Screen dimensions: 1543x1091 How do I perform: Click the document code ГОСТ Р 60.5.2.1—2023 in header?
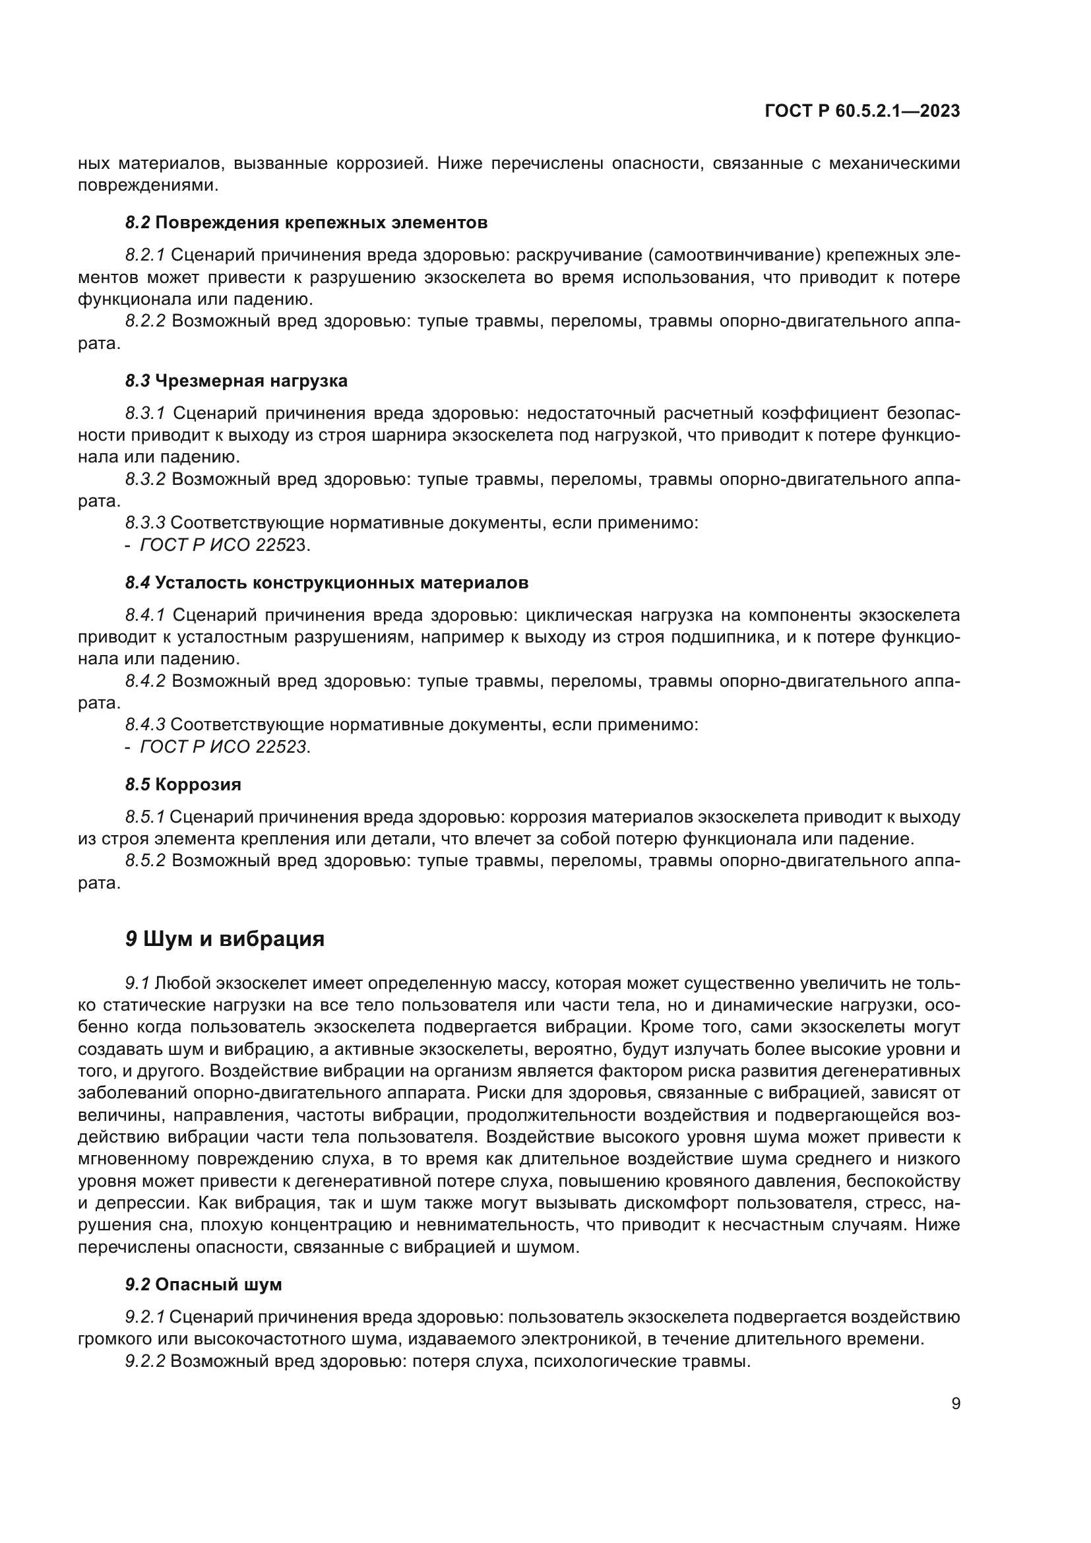coord(862,111)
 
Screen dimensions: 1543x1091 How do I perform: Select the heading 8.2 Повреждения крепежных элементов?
coord(306,222)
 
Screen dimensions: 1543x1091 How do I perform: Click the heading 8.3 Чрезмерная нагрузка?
coord(237,381)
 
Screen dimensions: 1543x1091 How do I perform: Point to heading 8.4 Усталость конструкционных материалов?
coord(327,583)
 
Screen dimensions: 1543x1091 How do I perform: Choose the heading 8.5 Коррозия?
coord(183,784)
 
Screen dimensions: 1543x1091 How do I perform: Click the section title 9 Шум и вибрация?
coord(224,939)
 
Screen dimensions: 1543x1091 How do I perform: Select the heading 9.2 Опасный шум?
coord(204,1284)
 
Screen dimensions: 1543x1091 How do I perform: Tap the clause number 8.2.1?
coord(145,255)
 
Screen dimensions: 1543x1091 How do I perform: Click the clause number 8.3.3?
coord(145,523)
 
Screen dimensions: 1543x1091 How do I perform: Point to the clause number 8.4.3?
coord(145,724)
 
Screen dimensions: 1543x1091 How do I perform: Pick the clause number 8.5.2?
coord(145,860)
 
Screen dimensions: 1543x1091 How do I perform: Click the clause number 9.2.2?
coord(145,1361)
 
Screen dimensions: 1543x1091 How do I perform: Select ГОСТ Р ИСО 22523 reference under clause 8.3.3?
coord(224,545)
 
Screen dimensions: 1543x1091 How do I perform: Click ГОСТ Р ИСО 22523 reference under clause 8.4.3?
coord(224,747)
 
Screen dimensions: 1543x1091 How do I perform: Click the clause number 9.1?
coord(137,984)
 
